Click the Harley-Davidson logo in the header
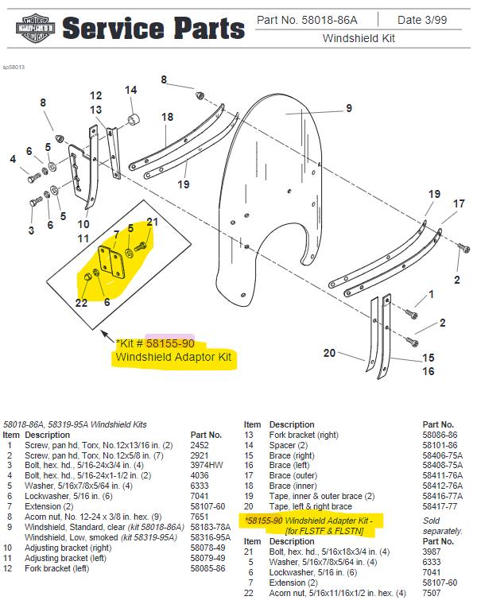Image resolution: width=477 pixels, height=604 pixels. (35, 28)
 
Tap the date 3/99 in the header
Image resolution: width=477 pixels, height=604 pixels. (432, 20)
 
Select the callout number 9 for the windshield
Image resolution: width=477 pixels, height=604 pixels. (349, 108)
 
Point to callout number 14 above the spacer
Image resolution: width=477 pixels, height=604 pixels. (130, 90)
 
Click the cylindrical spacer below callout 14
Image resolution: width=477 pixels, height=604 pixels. (134, 119)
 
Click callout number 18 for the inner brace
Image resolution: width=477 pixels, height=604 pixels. (167, 117)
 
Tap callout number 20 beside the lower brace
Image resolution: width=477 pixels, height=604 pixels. (329, 353)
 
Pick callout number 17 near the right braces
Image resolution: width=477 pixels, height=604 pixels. (459, 203)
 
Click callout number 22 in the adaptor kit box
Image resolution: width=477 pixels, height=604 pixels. (81, 303)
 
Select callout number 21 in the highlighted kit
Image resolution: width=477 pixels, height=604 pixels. (152, 222)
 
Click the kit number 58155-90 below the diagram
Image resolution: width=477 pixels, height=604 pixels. (170, 343)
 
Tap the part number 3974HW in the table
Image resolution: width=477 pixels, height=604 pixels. (206, 466)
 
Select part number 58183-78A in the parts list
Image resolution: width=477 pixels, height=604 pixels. (211, 527)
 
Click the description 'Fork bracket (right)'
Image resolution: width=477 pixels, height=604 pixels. (304, 435)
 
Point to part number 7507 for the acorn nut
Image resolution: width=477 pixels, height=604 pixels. (432, 593)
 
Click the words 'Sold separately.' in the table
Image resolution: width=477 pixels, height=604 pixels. (442, 526)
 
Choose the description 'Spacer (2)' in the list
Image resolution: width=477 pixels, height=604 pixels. (289, 445)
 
